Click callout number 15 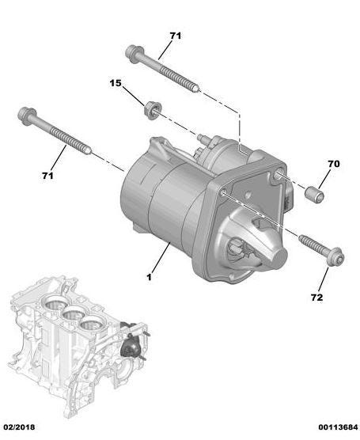116,83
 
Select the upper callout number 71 176,36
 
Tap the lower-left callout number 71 47,176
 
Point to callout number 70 334,164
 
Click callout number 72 316,298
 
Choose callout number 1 149,277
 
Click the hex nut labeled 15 153,111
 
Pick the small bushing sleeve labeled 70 314,194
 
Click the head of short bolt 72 335,256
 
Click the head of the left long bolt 27,116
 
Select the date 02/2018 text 19,427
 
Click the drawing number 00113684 338,427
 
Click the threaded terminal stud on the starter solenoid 201,138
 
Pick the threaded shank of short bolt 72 313,243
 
